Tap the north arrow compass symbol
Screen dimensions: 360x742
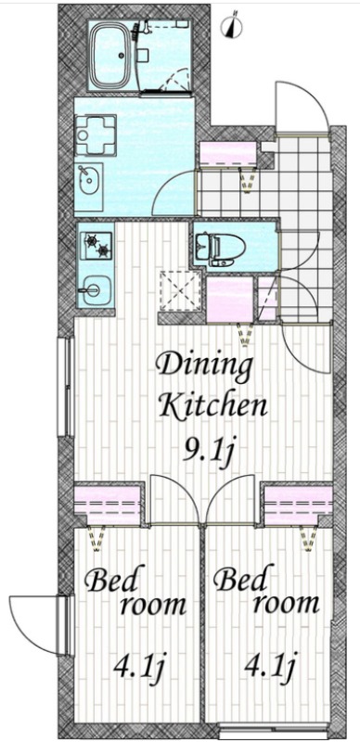point(233,27)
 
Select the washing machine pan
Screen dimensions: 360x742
point(96,134)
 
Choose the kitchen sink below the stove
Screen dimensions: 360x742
point(96,289)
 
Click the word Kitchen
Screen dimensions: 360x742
point(212,405)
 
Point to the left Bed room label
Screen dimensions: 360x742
point(135,592)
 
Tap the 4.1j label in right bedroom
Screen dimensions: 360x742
point(270,666)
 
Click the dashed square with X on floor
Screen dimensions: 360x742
point(178,292)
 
